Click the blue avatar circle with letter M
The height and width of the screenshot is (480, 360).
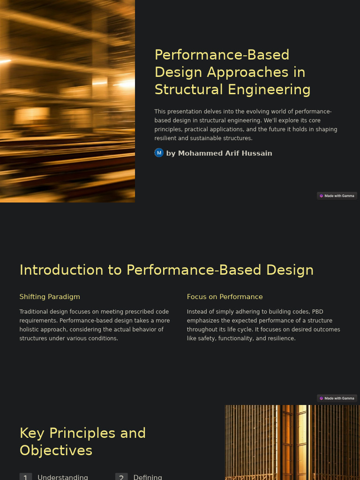(x=159, y=153)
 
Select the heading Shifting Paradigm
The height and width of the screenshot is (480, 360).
(x=50, y=297)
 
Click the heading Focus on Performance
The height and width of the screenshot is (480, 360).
(x=225, y=297)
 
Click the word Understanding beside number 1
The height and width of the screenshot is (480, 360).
(x=63, y=477)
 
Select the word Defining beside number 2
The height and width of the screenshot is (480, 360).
(x=148, y=477)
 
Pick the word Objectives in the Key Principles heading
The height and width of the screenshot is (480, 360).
(x=56, y=450)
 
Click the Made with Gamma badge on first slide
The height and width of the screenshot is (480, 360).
(x=337, y=196)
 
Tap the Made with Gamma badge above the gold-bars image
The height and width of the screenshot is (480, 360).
(x=337, y=398)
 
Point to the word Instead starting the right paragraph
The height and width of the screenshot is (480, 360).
(x=197, y=312)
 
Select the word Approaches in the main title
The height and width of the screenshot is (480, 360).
(x=244, y=72)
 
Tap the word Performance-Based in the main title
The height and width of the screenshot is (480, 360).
(x=222, y=55)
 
